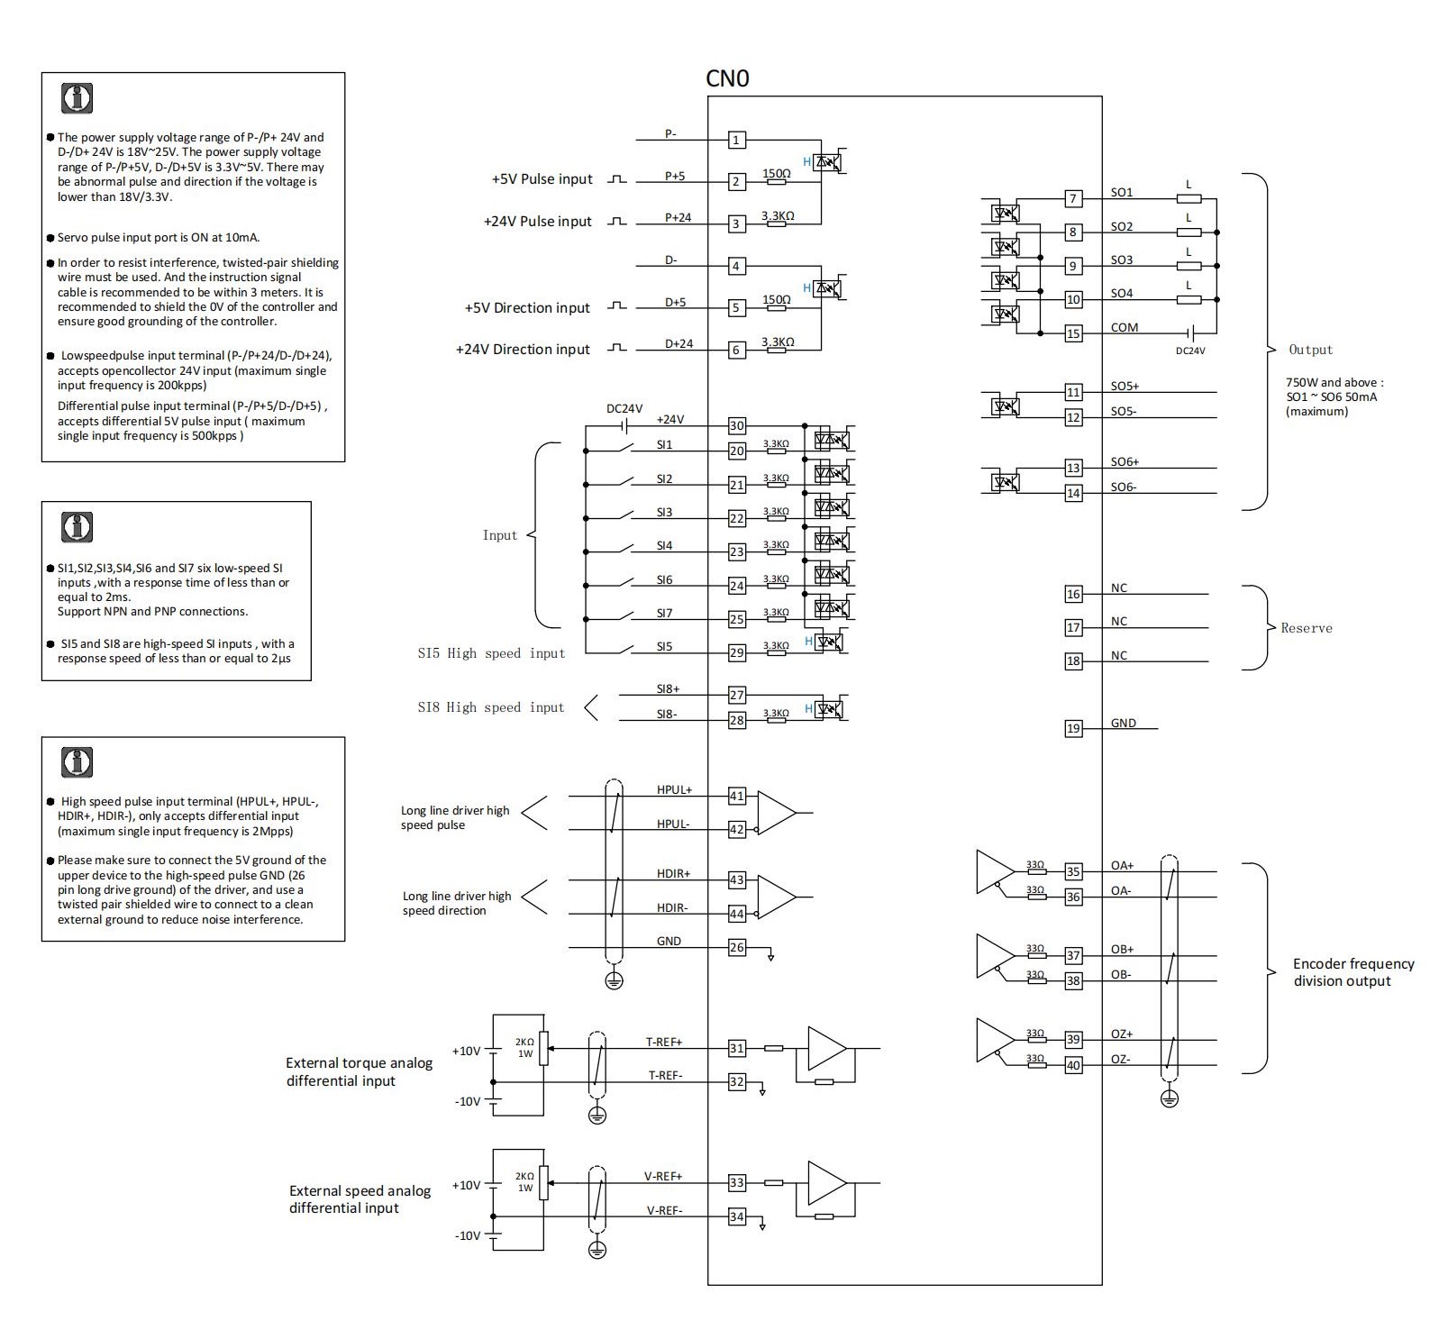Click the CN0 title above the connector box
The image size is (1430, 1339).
coord(727,78)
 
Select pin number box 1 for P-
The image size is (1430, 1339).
coord(736,140)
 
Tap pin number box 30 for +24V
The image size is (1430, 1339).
coord(737,426)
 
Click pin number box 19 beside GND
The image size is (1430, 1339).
coord(1073,728)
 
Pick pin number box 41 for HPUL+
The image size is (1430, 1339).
coord(737,796)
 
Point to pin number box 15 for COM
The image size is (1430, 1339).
coord(1073,333)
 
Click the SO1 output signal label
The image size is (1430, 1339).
coord(1122,192)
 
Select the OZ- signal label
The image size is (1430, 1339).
coord(1121,1059)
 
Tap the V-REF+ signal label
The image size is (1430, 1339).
coord(663,1176)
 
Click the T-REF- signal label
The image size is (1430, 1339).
coord(666,1075)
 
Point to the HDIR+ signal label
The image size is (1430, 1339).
coord(674,874)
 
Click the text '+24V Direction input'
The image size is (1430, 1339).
coord(523,350)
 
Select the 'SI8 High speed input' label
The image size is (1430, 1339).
coord(491,707)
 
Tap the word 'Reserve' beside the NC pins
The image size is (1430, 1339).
coord(1307,628)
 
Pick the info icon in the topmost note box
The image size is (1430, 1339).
coord(77,98)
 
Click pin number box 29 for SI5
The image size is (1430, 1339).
coord(737,652)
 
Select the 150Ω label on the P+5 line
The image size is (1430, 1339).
coord(777,173)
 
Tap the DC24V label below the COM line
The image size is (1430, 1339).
coord(1190,351)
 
